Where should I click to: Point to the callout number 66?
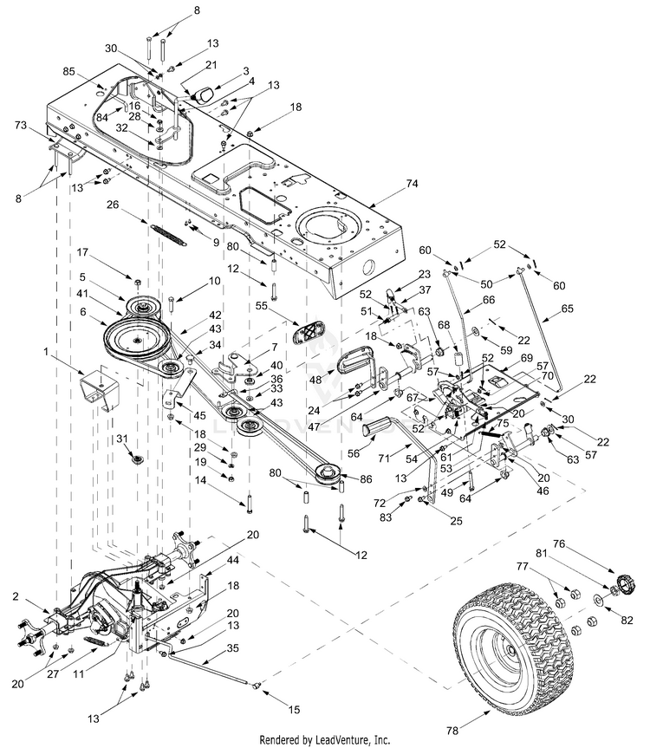(x=489, y=299)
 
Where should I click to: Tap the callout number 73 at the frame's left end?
(x=21, y=126)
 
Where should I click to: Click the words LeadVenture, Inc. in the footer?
(x=354, y=739)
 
